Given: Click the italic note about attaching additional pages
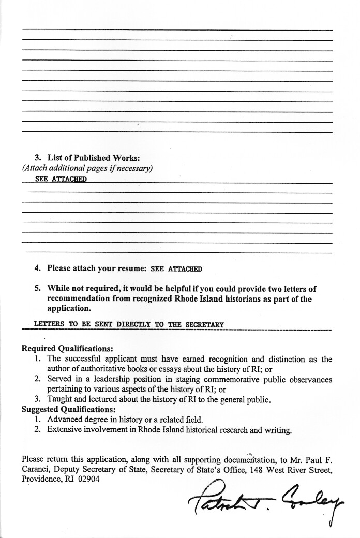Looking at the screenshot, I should coord(87,168).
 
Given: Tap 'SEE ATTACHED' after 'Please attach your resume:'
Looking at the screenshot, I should coord(176,268).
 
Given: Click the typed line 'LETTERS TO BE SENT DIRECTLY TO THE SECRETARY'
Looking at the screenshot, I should coord(129,324).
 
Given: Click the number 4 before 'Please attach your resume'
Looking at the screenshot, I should coord(37,268).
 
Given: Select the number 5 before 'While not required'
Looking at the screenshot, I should coord(37,288).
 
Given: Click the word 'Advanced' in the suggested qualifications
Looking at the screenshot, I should coord(65,419).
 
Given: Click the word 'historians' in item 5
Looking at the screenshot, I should coord(235,298).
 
